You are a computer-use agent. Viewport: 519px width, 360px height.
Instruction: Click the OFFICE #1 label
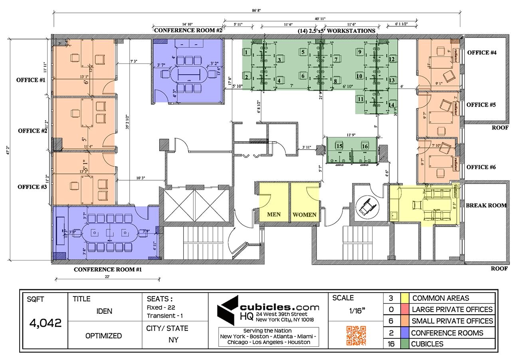click(31, 80)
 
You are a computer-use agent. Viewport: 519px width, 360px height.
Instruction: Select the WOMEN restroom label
click(305, 215)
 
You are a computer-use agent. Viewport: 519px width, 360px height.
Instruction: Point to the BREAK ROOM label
click(486, 205)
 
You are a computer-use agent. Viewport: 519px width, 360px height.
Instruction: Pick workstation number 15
click(339, 146)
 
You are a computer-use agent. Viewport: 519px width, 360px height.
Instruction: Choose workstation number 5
click(303, 52)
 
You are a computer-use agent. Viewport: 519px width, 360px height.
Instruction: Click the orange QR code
click(356, 335)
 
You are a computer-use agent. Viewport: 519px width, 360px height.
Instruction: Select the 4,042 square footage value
click(46, 323)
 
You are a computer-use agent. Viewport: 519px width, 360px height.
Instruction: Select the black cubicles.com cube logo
click(228, 310)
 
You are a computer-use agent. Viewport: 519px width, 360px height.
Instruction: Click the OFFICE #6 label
click(481, 167)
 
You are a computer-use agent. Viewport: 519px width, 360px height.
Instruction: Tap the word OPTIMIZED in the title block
click(103, 336)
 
